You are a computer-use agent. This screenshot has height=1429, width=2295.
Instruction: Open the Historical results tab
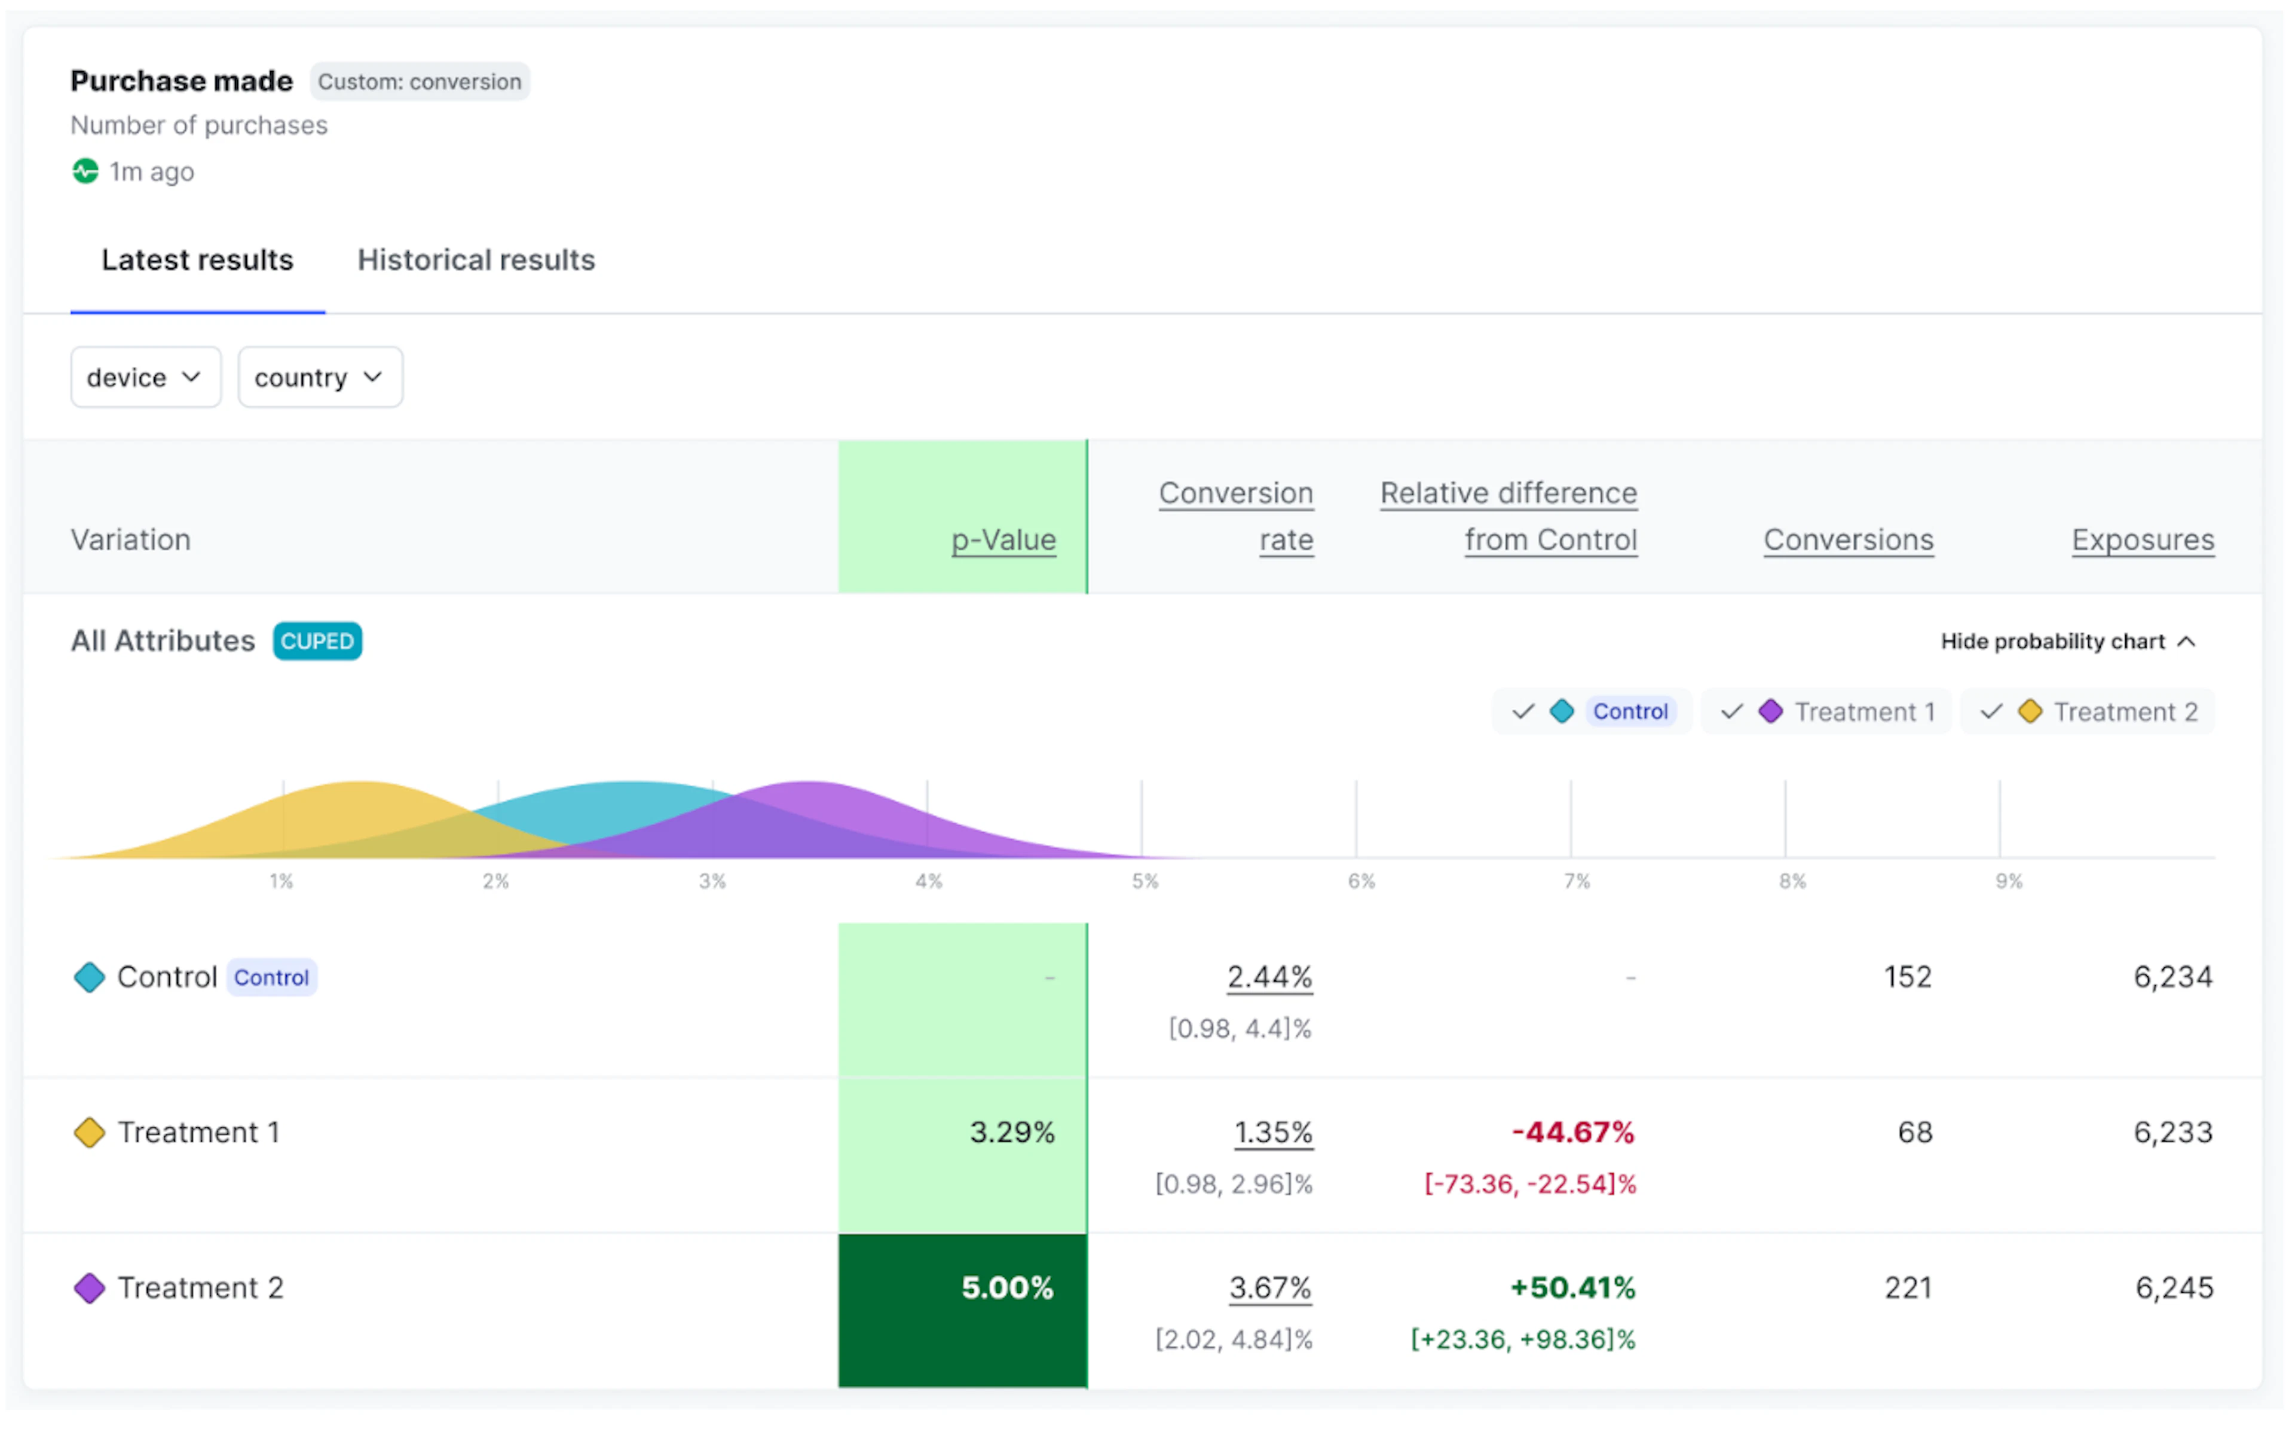476,260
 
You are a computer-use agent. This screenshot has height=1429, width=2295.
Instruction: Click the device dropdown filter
146,377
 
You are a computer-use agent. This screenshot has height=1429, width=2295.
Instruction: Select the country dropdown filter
320,377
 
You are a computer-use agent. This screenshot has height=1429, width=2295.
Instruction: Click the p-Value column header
1003,539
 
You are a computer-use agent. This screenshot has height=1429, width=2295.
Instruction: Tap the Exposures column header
2143,539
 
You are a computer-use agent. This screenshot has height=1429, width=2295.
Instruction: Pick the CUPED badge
317,641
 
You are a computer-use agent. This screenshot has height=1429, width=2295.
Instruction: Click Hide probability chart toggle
2068,642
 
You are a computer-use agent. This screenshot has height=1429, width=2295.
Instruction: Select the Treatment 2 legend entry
2089,712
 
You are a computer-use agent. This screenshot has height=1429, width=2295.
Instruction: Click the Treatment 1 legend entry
1827,712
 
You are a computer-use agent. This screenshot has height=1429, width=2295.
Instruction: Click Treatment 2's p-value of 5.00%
1008,1287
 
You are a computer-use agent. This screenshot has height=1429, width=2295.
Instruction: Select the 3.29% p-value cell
1012,1132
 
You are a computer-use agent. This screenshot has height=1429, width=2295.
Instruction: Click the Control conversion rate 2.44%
1269,976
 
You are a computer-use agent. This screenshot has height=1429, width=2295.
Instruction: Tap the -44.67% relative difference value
1573,1132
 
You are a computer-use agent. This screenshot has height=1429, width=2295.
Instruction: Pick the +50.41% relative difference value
1573,1287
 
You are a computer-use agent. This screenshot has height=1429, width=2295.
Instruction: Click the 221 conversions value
1908,1287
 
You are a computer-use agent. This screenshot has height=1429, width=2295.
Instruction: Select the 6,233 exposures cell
2173,1132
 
